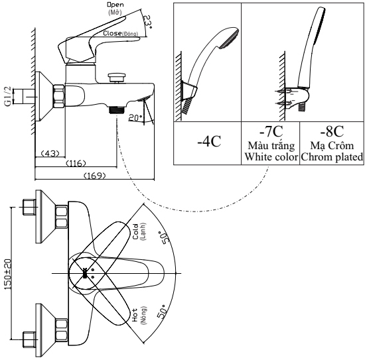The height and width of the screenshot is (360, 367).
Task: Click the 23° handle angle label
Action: [x=147, y=22]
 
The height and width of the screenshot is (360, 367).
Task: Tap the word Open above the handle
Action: [x=115, y=5]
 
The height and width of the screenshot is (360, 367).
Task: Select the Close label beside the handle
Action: [x=112, y=33]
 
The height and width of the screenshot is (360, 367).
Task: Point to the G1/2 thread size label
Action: [x=8, y=96]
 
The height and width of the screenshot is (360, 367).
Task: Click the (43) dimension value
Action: [x=50, y=153]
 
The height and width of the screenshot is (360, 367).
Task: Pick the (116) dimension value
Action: [x=76, y=163]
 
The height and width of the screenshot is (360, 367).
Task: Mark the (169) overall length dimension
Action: [x=94, y=175]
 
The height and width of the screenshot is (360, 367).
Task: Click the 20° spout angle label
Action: [x=135, y=117]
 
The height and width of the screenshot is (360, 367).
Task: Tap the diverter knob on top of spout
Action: [x=117, y=78]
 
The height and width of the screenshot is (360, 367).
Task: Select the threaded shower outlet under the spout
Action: [x=117, y=109]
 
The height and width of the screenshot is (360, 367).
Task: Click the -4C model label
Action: [x=209, y=141]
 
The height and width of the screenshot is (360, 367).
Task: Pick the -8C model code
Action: [x=332, y=131]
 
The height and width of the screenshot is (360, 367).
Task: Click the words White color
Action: [x=271, y=156]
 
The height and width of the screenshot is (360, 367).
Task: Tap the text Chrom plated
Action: [x=332, y=157]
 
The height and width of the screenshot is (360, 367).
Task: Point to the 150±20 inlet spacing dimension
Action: [x=8, y=274]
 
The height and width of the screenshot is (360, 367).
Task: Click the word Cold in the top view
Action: [x=135, y=231]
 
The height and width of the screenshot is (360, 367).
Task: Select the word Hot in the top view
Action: [x=135, y=315]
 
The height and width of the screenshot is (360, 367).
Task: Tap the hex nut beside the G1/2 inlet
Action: [x=59, y=96]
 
